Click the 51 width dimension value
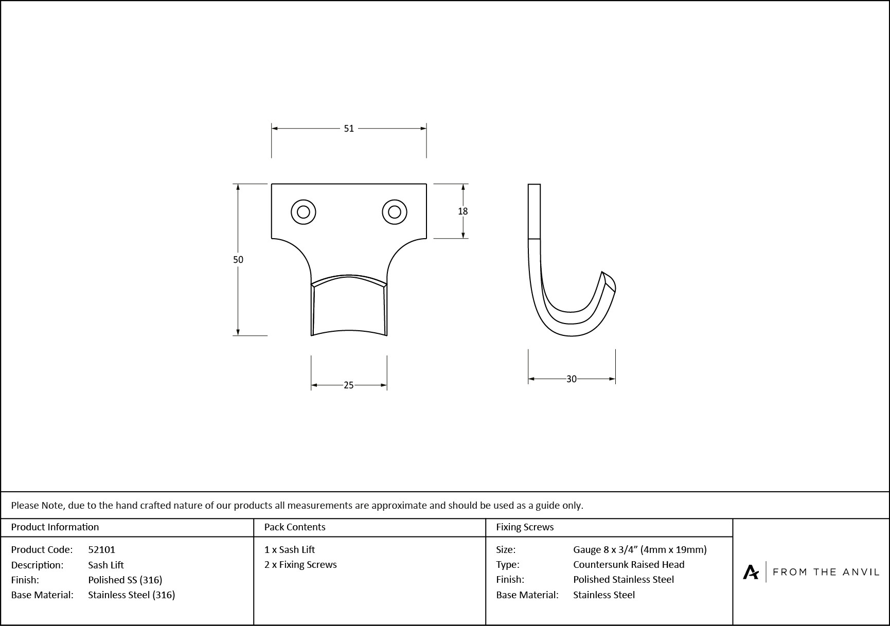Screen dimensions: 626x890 pyautogui.click(x=349, y=129)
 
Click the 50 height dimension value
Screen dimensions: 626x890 pyautogui.click(x=238, y=260)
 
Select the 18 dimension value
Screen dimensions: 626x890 pyautogui.click(x=462, y=211)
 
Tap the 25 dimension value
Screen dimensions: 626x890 pyautogui.click(x=348, y=385)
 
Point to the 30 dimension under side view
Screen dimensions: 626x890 pyautogui.click(x=571, y=379)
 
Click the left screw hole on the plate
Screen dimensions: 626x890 pyautogui.click(x=303, y=212)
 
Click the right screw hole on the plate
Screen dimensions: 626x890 pyautogui.click(x=395, y=212)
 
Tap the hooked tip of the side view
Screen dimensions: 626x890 pyautogui.click(x=609, y=282)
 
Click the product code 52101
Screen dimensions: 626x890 pyautogui.click(x=101, y=549)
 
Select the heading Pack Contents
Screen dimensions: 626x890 pyautogui.click(x=294, y=527)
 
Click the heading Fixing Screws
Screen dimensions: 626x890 pyautogui.click(x=524, y=527)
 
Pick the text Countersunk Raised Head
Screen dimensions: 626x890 pyautogui.click(x=628, y=564)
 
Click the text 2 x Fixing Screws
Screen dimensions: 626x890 pyautogui.click(x=300, y=564)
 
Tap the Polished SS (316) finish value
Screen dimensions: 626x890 pyautogui.click(x=125, y=580)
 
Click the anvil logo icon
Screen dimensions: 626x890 pyautogui.click(x=751, y=572)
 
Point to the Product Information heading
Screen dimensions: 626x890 pyautogui.click(x=55, y=527)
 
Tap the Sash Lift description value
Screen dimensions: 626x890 pyautogui.click(x=105, y=565)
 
